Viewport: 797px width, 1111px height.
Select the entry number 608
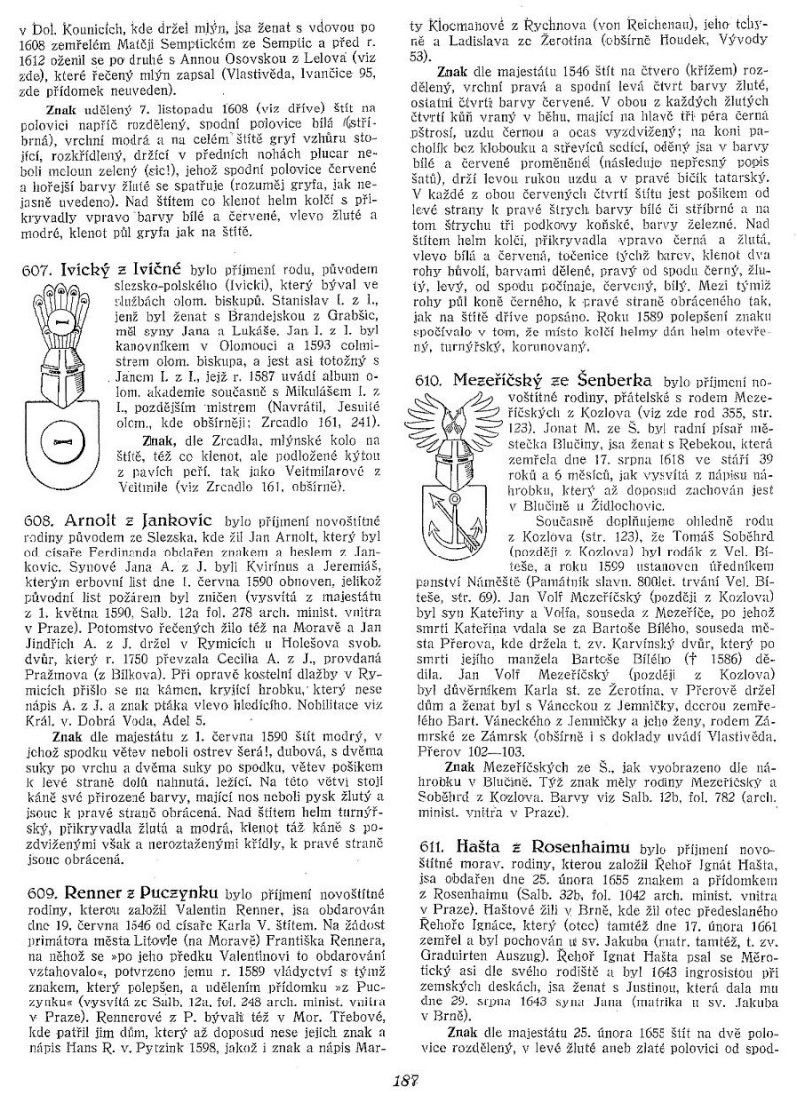(37, 519)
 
